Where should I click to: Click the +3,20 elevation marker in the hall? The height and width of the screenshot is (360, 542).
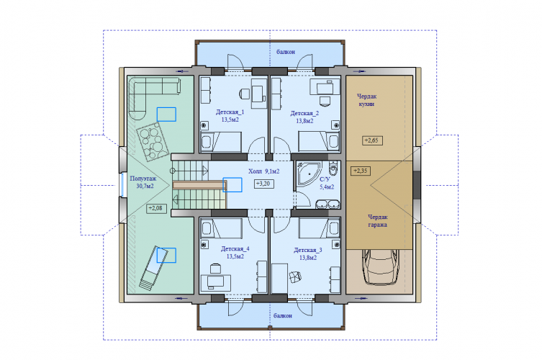click(264, 184)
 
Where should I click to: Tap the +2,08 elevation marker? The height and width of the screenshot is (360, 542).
click(156, 209)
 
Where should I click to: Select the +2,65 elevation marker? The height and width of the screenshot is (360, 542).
click(372, 140)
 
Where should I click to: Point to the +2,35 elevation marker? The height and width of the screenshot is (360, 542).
click(361, 171)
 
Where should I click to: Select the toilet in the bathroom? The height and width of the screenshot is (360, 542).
click(333, 168)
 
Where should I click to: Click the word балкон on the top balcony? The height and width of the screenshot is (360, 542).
click(286, 52)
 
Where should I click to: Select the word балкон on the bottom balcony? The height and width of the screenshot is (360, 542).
click(283, 316)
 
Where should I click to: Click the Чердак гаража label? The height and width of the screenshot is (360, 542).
click(377, 220)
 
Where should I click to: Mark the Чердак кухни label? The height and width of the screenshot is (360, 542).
click(366, 100)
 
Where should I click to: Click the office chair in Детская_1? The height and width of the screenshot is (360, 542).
click(244, 93)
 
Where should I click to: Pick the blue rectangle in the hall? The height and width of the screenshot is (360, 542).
click(232, 184)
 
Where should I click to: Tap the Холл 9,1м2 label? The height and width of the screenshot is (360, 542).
click(263, 171)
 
